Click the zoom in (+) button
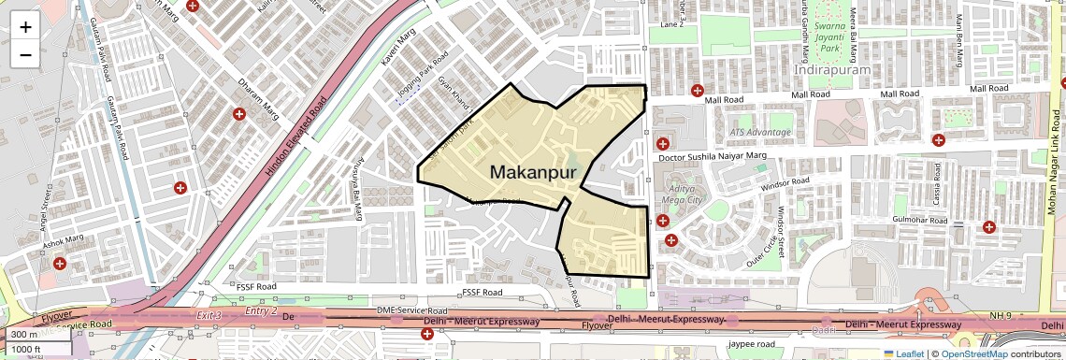pos(25,26)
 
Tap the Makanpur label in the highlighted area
pos(530,173)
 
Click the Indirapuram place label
pos(831,70)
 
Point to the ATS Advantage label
pos(748,133)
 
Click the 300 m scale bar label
pos(25,335)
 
